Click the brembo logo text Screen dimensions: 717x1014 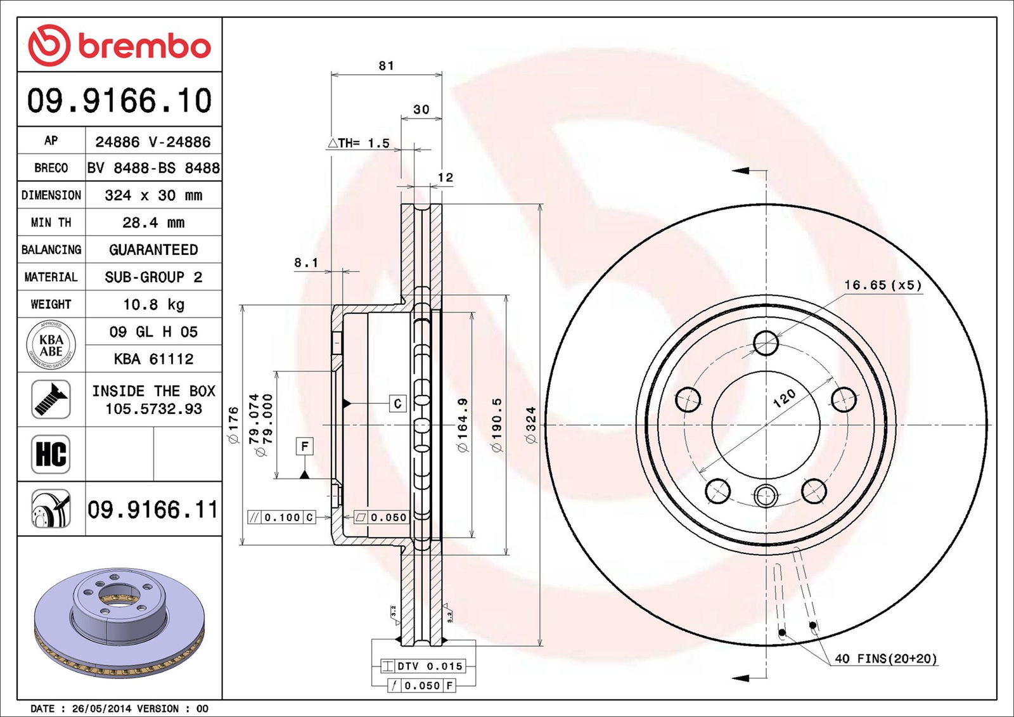[144, 46]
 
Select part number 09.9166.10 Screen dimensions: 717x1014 [119, 101]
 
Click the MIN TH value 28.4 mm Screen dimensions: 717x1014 [153, 223]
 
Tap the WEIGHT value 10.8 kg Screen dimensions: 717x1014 [153, 304]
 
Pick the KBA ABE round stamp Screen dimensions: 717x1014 [51, 346]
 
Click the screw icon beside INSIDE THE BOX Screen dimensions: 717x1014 [51, 399]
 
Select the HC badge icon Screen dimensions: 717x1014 [51, 454]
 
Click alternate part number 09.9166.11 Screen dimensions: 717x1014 [153, 509]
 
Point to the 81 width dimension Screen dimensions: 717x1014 [386, 65]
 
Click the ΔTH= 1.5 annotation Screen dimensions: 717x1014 [359, 143]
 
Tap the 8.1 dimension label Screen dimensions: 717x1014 [306, 262]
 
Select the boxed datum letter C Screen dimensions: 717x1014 [397, 404]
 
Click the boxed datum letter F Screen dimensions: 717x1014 [305, 446]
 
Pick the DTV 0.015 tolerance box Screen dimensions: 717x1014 [423, 666]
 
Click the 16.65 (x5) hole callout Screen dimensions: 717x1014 [882, 285]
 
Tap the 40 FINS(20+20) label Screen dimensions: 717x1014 [885, 659]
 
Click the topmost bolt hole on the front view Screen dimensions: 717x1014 [766, 343]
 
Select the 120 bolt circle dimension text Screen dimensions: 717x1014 [785, 398]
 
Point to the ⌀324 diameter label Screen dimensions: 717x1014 [530, 425]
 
